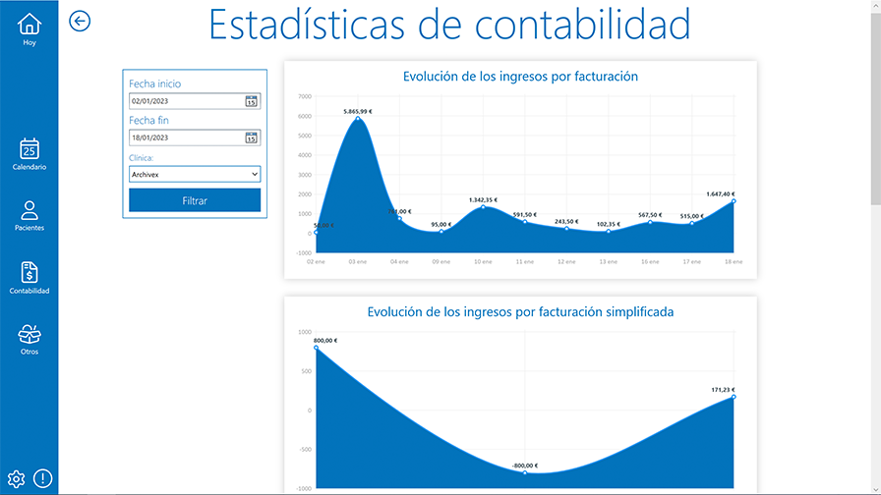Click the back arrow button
(x=80, y=22)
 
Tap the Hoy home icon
(x=29, y=24)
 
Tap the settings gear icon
(x=16, y=479)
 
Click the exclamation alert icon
(x=42, y=479)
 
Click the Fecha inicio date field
(x=185, y=101)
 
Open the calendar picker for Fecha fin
(x=251, y=137)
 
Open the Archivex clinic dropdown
(x=195, y=174)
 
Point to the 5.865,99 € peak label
(x=358, y=112)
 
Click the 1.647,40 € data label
(x=721, y=193)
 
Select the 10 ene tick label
(x=482, y=262)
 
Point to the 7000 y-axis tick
(x=304, y=96)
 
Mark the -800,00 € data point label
(x=525, y=466)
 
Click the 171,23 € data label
(x=723, y=390)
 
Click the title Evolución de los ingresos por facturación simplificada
(x=520, y=312)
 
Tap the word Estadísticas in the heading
(x=306, y=25)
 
